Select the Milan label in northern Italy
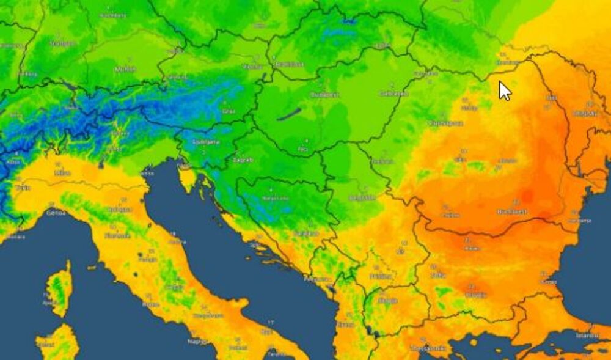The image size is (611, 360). click(62, 173)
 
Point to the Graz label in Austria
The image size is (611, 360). click(229, 111)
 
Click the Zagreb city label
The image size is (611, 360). click(243, 160)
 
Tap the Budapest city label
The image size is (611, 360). click(324, 95)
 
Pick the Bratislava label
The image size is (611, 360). click(290, 64)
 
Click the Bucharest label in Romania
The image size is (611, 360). click(512, 212)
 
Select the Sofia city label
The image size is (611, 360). click(437, 275)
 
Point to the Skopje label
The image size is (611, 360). click(387, 301)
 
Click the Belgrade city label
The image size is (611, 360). click(362, 197)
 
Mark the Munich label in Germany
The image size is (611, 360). click(124, 69)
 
